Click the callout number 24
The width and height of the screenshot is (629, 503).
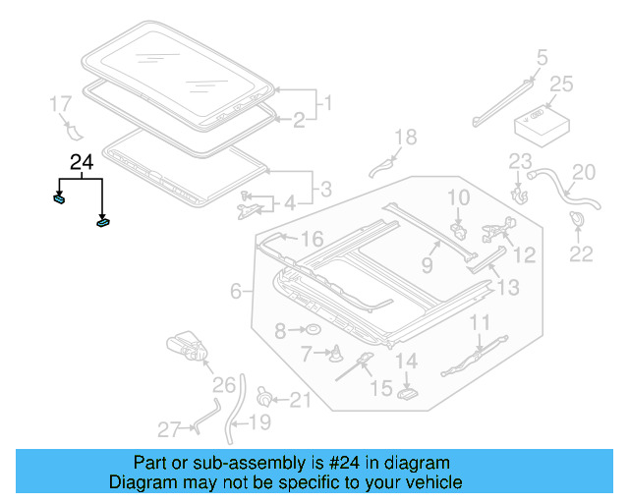coord(83,163)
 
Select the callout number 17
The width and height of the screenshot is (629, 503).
coord(60,103)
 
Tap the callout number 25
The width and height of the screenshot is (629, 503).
coord(560,84)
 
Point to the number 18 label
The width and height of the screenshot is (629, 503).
coord(405,138)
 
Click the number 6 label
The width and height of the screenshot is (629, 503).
coord(236,291)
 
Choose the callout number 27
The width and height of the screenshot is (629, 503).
coord(169,429)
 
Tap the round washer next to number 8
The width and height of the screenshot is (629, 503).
coord(312,330)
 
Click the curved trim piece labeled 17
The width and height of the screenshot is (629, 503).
coord(72,132)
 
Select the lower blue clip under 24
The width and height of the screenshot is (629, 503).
coord(103,222)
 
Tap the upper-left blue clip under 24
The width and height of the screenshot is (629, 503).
coord(59,197)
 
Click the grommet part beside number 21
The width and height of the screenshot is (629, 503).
coord(263,397)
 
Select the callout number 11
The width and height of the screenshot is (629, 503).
coord(479,322)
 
